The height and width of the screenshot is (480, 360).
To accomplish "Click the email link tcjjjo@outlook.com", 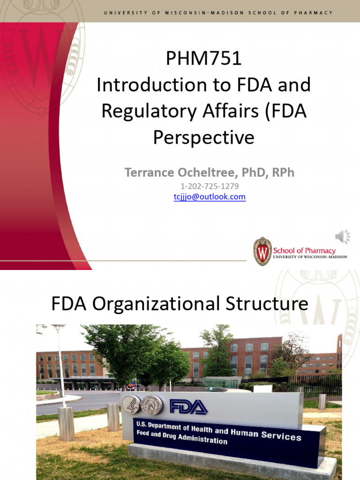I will [210, 197].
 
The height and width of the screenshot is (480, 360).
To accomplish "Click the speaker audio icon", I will [343, 237].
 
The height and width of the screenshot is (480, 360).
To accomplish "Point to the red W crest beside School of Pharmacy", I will [262, 251].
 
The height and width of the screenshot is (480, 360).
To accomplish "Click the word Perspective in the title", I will [203, 137].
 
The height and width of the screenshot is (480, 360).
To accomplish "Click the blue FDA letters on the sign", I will [188, 406].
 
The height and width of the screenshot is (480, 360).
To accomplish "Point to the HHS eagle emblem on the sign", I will [131, 405].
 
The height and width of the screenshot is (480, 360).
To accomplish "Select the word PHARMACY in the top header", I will [312, 12].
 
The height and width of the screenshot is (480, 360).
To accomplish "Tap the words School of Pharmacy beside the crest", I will [304, 250].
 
